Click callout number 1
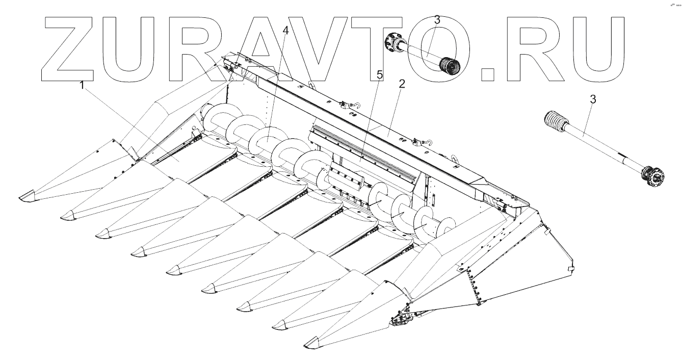tap(82, 85)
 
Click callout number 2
tap(402, 84)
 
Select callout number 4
tap(285, 31)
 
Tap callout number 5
tap(380, 74)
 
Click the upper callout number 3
tap(437, 20)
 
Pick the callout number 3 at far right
tap(593, 99)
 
